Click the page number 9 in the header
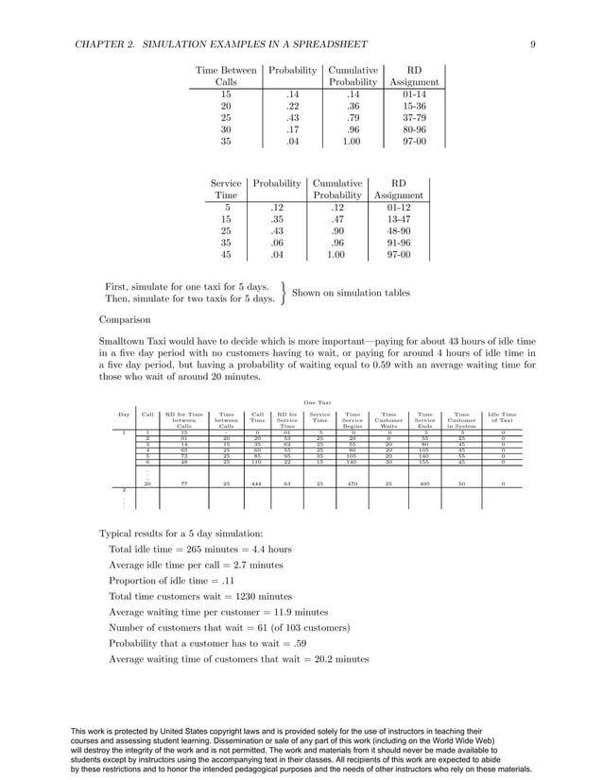(533, 42)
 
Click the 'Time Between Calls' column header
(226, 76)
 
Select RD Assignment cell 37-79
(414, 118)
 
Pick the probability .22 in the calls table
(292, 107)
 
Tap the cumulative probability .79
(353, 118)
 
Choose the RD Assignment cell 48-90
(398, 230)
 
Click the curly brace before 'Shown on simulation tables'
(283, 293)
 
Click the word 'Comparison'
(126, 319)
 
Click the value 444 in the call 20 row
(257, 483)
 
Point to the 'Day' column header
(124, 415)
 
